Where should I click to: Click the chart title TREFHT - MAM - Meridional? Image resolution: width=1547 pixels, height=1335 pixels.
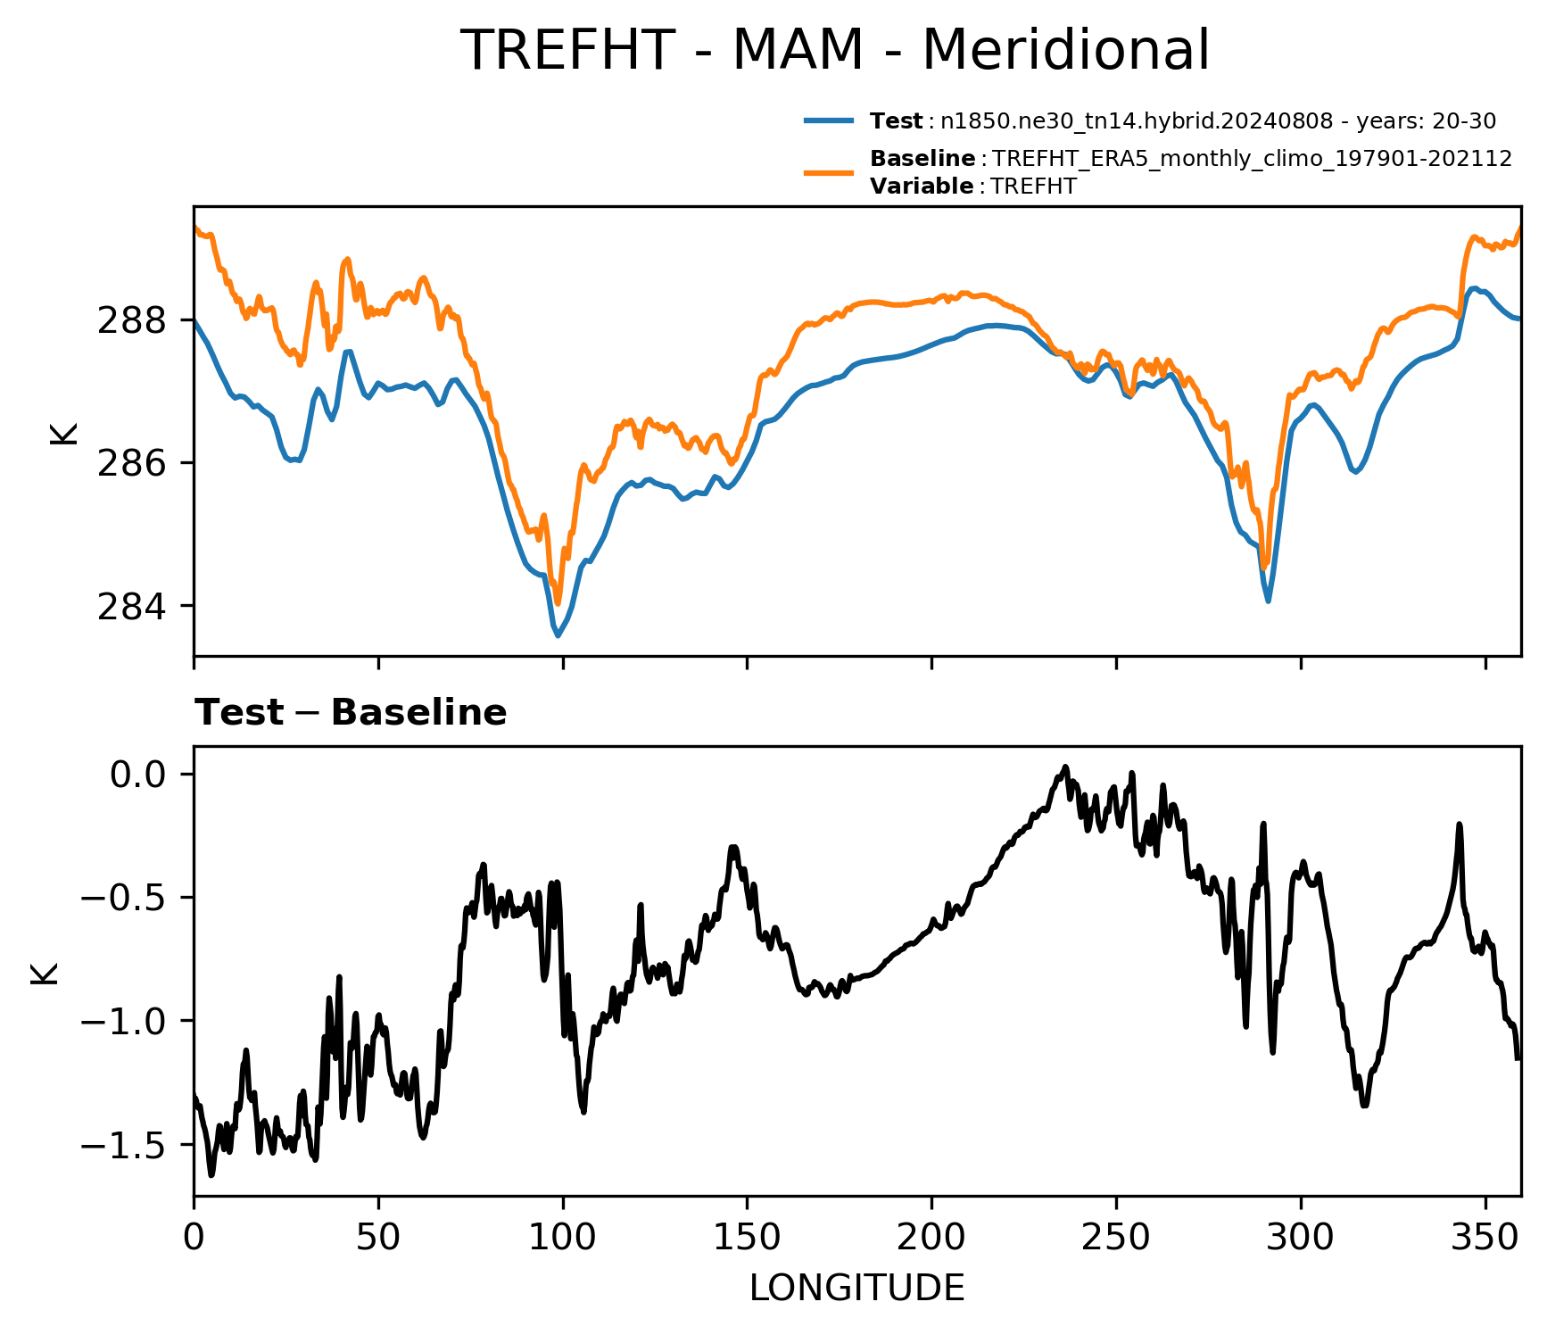point(835,50)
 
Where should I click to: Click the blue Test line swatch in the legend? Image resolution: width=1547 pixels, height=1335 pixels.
point(829,120)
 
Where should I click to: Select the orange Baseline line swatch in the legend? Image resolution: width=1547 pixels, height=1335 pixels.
point(829,172)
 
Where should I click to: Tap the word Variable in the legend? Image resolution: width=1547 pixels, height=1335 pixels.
point(922,187)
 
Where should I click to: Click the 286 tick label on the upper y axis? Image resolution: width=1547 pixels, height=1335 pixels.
point(131,463)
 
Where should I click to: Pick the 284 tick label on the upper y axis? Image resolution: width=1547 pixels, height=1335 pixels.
point(131,606)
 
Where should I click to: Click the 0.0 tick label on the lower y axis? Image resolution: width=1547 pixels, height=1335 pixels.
point(138,774)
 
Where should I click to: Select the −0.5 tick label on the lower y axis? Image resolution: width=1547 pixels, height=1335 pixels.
point(123,897)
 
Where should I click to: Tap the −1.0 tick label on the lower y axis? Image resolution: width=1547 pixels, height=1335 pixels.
point(123,1021)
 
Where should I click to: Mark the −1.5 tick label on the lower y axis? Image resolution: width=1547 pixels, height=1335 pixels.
point(123,1145)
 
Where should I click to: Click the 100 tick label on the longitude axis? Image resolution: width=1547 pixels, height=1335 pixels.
point(563,1238)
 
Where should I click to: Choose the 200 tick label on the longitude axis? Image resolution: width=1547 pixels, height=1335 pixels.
point(931,1238)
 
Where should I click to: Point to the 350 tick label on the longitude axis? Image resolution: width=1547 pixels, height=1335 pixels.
point(1485,1238)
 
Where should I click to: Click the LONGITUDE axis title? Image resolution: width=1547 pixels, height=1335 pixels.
point(857,1288)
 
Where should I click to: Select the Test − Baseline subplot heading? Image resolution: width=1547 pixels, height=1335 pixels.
point(351,713)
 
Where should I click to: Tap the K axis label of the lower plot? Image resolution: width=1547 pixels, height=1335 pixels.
point(44,973)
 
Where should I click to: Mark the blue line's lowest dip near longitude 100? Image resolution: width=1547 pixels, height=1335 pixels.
point(558,636)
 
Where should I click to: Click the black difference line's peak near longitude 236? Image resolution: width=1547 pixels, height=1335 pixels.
point(1065,767)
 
